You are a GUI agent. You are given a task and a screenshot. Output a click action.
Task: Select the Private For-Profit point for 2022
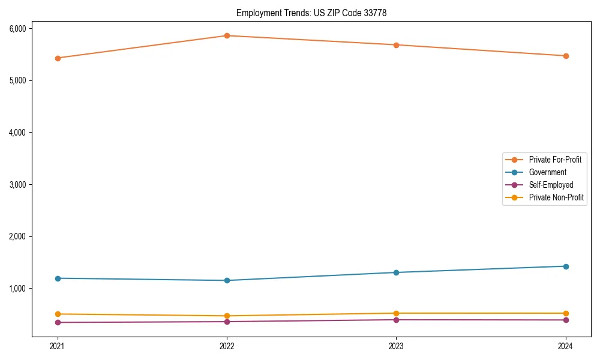coord(227,35)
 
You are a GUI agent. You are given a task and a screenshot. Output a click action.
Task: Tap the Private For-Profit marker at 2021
coord(58,58)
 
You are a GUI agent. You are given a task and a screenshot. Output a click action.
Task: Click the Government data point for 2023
coord(396,272)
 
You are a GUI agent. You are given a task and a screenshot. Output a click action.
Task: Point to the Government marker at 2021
coord(58,278)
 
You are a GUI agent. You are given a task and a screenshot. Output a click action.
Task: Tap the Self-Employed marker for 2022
coord(227,322)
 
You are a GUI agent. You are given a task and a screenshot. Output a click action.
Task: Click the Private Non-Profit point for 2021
coord(58,314)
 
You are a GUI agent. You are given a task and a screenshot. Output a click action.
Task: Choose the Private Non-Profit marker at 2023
coord(396,313)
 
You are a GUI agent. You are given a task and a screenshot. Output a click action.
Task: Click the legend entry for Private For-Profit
coord(555,160)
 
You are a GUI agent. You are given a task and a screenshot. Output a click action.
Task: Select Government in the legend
coord(547,172)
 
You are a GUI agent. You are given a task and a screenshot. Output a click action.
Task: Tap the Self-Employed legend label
coord(551,185)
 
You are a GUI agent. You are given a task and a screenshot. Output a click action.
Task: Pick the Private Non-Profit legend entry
coord(556,197)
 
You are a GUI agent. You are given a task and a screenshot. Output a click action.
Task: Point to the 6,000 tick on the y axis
coord(17,29)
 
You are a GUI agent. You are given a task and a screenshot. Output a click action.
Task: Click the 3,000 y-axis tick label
coord(17,185)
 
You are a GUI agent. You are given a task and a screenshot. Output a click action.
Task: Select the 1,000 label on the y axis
coord(17,289)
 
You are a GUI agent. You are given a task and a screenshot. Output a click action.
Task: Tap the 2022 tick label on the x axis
coord(227,346)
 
